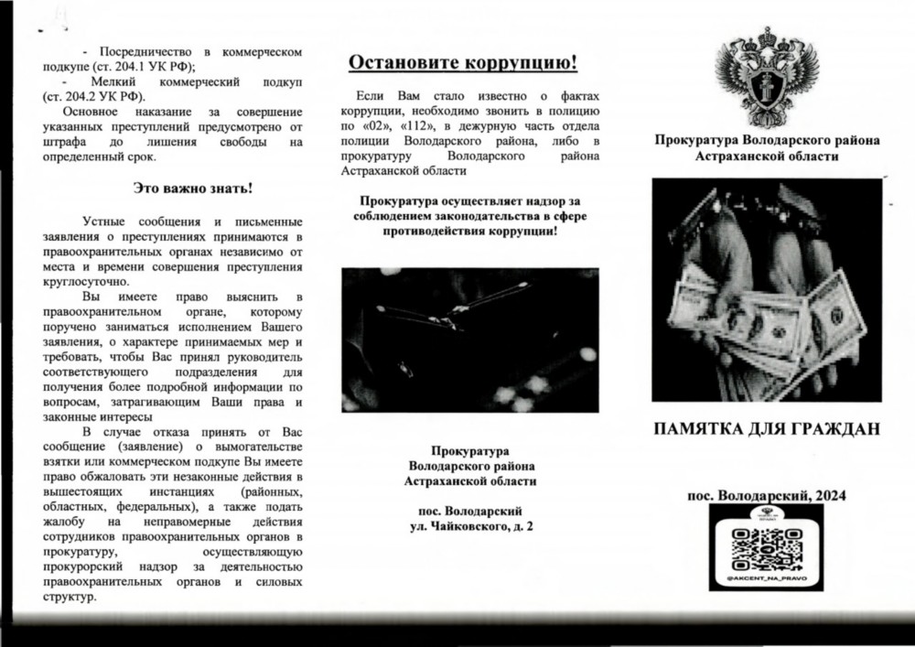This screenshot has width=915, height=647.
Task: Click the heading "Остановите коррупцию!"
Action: coord(463,64)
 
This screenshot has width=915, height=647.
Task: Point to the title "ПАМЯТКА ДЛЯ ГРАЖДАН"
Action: coord(767,427)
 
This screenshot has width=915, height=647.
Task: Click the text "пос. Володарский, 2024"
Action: coord(767,494)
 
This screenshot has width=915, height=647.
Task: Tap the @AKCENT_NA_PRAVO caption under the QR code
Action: coord(767,580)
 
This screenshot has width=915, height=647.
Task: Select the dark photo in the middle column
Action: coord(469,340)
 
